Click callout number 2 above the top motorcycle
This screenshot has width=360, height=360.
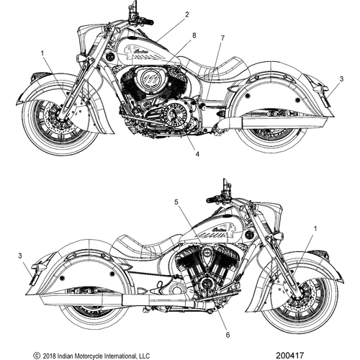pos(187,15)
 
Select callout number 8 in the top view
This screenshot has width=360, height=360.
pos(194,35)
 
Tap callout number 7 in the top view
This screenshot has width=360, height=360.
pos(222,38)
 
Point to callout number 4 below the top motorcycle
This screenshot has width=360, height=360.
pos(197,154)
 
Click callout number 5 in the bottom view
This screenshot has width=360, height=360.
pos(176,202)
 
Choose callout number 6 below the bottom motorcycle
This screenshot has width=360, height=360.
pos(228,335)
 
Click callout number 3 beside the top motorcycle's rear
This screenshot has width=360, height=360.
pos(341,78)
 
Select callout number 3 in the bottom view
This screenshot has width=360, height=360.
pos(20,256)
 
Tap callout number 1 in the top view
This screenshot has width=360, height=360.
pos(42,53)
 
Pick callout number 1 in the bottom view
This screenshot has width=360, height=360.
pos(315,229)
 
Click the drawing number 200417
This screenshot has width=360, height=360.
pos(289,355)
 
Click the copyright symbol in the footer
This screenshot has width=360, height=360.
pos(37,355)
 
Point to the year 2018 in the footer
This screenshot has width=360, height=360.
pos(48,356)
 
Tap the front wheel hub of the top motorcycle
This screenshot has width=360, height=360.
pos(60,117)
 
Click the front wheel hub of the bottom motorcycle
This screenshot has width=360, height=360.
pos(300,297)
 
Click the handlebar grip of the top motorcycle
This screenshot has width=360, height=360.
pos(147,22)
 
